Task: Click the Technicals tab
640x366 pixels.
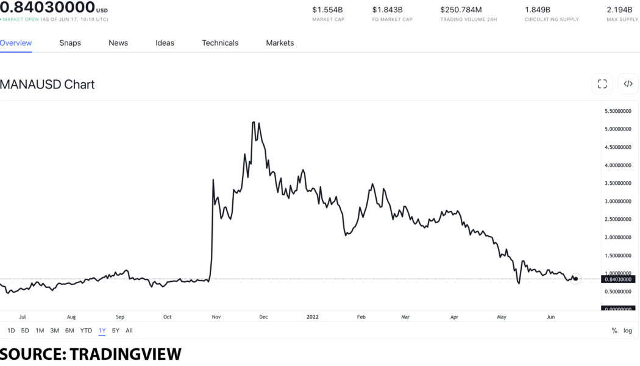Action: click(220, 43)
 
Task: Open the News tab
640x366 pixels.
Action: click(118, 43)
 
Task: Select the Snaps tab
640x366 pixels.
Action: click(70, 43)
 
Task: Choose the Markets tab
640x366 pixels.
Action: click(280, 43)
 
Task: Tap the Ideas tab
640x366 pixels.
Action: click(165, 43)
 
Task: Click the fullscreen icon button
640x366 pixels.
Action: click(602, 84)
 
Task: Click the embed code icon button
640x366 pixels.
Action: click(628, 84)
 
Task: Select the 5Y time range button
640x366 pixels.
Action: click(116, 331)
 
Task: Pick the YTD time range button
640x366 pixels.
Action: click(86, 331)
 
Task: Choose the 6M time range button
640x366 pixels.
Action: click(69, 331)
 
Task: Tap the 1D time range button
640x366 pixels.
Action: click(11, 331)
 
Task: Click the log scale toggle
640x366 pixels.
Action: click(628, 331)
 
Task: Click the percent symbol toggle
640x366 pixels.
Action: click(614, 331)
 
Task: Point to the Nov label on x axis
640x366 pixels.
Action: click(216, 317)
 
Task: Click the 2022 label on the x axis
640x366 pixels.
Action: click(312, 317)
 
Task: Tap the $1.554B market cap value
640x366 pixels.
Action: click(327, 10)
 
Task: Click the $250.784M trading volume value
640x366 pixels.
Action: click(461, 10)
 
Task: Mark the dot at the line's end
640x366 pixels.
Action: click(576, 279)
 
